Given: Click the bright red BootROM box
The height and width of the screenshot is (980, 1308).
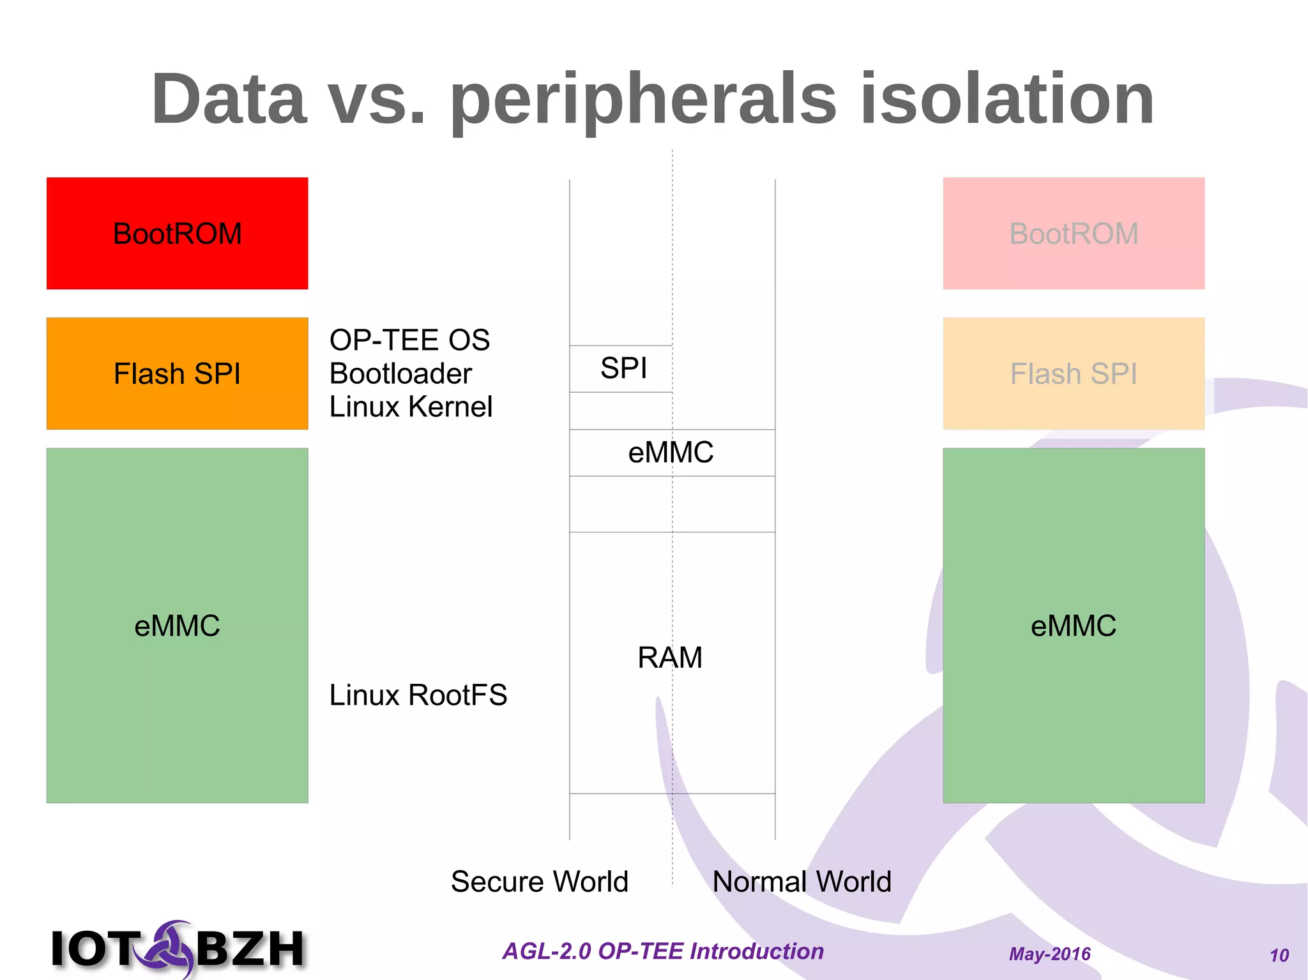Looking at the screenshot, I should click(177, 233).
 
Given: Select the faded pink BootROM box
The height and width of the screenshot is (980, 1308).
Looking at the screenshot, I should click(1073, 233).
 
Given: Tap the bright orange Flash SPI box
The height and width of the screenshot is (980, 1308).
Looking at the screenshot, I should click(177, 373).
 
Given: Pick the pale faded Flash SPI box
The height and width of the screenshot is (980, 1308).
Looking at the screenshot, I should click(1073, 373).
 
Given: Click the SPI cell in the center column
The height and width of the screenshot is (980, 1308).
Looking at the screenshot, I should click(623, 368).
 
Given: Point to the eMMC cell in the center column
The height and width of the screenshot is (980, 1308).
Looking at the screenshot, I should click(671, 453).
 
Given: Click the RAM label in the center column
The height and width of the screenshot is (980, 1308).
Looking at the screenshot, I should click(670, 658).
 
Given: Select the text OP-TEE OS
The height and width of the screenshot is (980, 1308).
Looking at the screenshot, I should click(409, 340).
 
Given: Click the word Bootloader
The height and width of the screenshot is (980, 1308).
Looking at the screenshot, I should click(400, 373).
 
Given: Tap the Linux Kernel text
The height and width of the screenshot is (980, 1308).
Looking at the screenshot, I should click(411, 407).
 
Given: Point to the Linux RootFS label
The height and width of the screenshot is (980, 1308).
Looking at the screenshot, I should click(418, 695).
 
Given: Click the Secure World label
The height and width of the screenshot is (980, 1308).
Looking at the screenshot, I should click(540, 882).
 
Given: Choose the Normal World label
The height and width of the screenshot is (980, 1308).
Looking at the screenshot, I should click(802, 882).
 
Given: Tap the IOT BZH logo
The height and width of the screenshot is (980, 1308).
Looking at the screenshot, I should click(178, 948).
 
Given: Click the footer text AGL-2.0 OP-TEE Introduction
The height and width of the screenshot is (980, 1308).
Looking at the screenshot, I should click(663, 951).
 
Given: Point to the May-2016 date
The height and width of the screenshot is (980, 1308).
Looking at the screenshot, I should click(1049, 954).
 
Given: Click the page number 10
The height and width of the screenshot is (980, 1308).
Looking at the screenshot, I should click(1279, 955).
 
